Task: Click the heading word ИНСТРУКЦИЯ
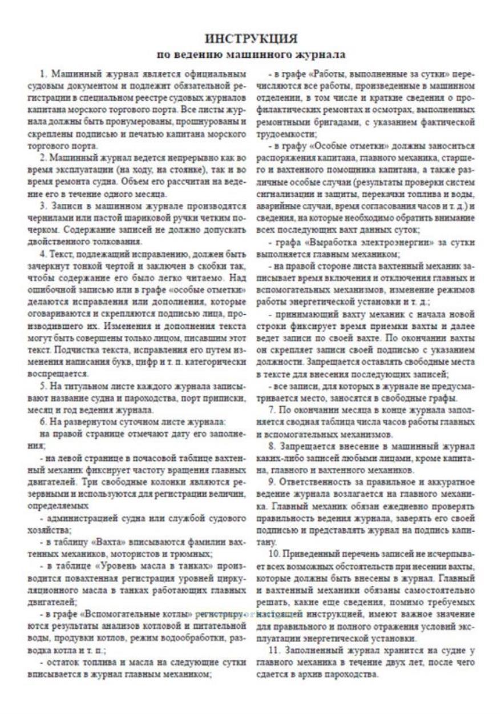pos(251,39)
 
